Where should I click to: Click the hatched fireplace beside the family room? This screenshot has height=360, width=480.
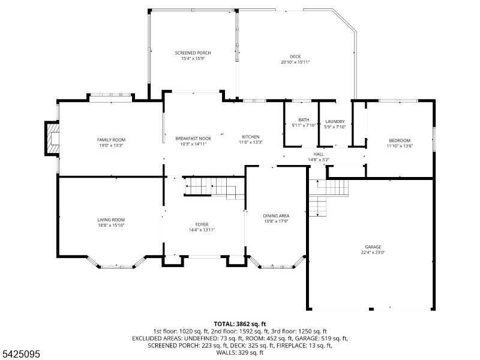52,139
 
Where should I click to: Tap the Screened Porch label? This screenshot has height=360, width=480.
193,53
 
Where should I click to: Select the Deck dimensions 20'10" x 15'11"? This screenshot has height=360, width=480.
295,62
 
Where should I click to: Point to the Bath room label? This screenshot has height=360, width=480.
304,119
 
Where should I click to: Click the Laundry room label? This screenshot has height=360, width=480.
335,122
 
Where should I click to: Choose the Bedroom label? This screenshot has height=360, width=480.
400,140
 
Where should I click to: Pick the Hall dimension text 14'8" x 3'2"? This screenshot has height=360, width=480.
319,160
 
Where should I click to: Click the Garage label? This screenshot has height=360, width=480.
373,247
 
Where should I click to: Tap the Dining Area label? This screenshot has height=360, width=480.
276,216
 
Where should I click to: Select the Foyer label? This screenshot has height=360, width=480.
202,224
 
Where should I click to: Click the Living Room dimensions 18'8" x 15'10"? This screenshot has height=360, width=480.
111,226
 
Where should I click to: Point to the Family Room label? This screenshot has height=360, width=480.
111,140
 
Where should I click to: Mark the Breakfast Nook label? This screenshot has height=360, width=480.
193,139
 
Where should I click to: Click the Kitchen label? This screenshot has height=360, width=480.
251,137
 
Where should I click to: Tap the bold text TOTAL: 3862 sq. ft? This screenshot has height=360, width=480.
239,324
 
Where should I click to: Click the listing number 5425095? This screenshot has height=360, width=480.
20,354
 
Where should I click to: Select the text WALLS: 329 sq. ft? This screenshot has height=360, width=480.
239,352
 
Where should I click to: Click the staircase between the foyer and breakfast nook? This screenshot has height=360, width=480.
214,187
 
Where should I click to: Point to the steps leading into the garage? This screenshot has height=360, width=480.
328,197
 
